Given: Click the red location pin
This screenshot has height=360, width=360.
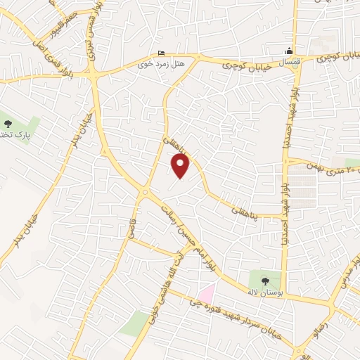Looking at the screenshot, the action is pos(181,165).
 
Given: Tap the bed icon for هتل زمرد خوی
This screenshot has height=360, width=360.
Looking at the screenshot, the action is pos(162,53).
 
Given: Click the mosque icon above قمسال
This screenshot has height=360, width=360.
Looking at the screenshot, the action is pos(288,51).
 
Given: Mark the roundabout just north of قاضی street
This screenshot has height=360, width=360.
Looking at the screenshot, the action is pos(146,191).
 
